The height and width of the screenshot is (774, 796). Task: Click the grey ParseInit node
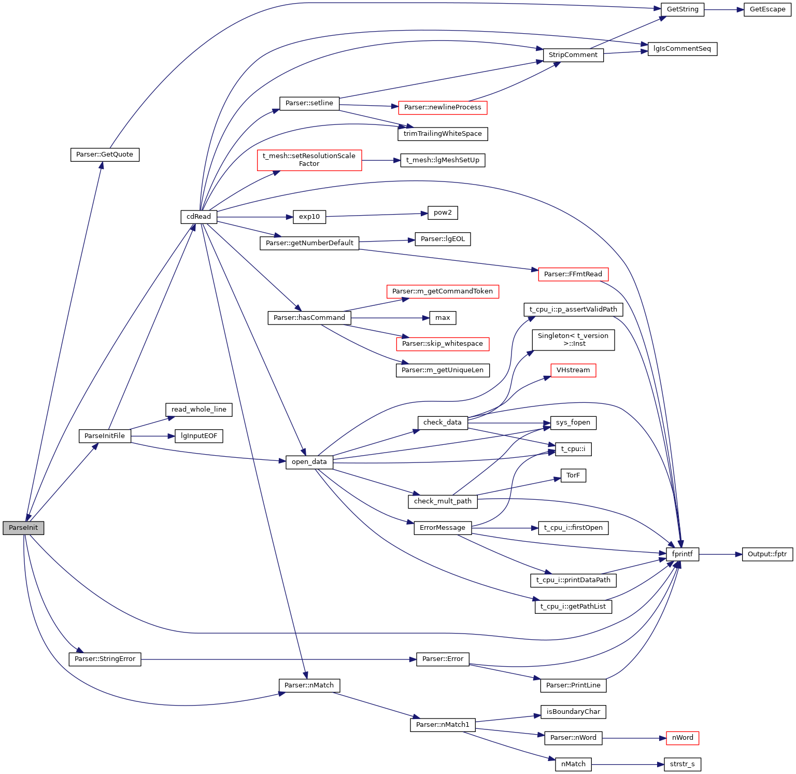tap(23, 528)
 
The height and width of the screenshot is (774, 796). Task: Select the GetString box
tap(682, 9)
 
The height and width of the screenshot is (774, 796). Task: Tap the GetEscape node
tap(767, 9)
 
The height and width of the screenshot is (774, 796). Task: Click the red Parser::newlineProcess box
tap(443, 107)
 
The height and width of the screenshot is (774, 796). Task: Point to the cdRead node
tap(198, 217)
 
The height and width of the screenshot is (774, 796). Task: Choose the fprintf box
tap(682, 554)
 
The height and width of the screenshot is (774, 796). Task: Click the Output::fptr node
tap(767, 554)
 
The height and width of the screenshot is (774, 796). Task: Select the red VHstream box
tap(573, 370)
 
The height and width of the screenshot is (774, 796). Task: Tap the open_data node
tap(309, 462)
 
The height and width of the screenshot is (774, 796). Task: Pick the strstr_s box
tap(682, 764)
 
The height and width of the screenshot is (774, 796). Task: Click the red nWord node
tap(682, 738)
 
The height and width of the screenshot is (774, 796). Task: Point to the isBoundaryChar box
tap(573, 712)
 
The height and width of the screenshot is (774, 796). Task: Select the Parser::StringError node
tap(105, 659)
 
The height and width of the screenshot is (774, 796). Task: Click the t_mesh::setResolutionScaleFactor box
tap(309, 160)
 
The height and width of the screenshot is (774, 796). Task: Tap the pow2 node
tap(443, 213)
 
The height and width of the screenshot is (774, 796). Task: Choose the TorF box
tap(573, 475)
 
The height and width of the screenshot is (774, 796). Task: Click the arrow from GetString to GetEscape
tap(724, 9)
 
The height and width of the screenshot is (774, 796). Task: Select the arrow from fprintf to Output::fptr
tap(720, 554)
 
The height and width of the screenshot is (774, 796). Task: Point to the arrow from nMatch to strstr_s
tap(628, 764)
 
